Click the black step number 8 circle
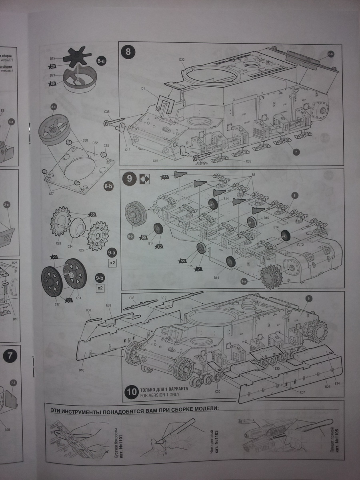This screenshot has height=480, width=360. point(128,52)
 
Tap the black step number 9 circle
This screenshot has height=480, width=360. point(129,179)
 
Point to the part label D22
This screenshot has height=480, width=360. point(182,60)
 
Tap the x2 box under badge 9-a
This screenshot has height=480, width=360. point(112,263)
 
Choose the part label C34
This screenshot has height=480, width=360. point(70,246)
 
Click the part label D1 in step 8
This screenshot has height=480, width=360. point(143,88)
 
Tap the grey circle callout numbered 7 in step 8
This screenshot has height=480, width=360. point(296,152)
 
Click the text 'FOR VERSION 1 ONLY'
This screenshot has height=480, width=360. point(159,395)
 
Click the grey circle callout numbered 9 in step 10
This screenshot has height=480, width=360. point(308,298)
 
